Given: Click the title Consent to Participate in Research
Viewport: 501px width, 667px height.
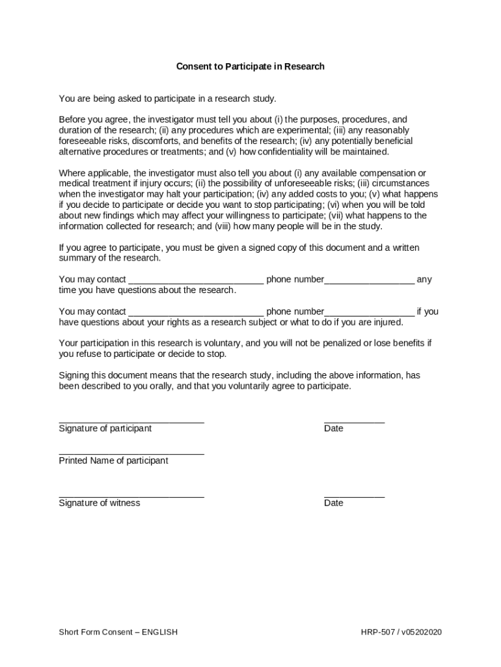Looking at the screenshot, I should [250, 66].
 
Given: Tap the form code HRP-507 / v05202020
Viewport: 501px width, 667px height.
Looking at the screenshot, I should [401, 632].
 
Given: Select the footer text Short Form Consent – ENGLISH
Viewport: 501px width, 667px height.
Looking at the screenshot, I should [118, 632].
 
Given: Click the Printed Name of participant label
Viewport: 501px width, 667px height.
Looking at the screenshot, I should [113, 461].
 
